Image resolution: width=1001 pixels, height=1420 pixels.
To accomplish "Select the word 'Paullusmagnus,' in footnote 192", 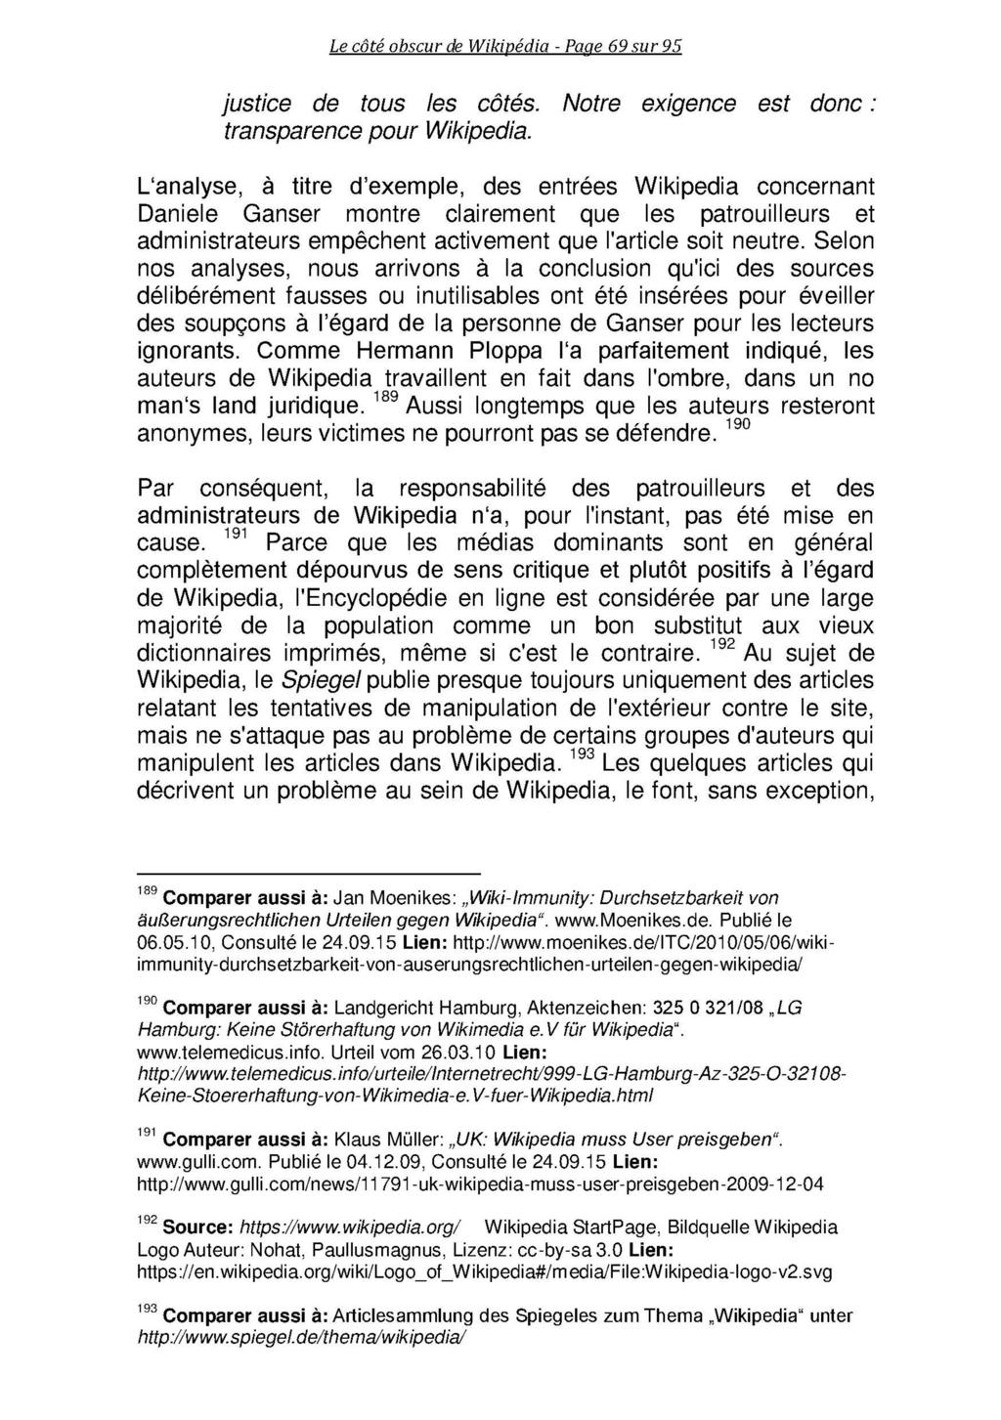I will pos(412,1250).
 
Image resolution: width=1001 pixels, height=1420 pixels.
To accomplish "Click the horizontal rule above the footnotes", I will pos(309,872).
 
